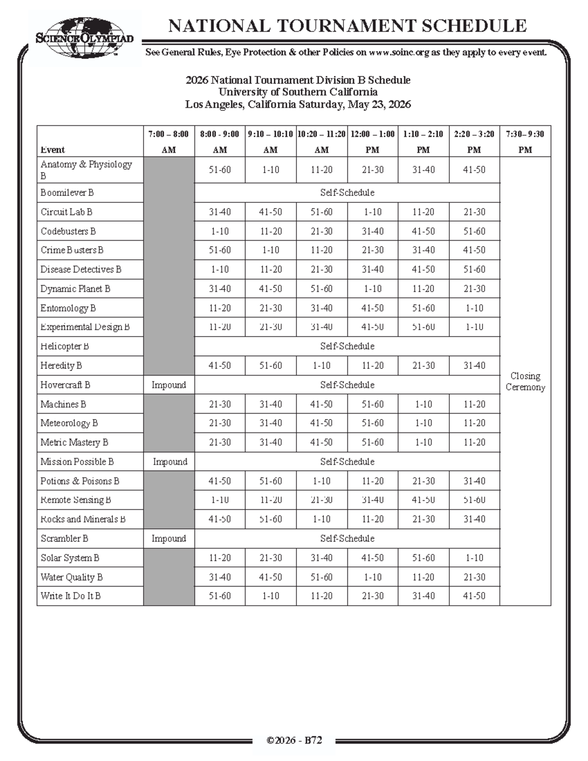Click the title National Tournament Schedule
point(347,25)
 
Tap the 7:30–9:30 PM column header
point(525,141)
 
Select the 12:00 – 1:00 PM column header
point(372,141)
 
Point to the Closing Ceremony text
point(525,381)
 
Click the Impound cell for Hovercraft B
point(169,385)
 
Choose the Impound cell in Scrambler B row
point(169,538)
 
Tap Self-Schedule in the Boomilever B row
point(347,193)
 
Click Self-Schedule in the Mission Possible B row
point(347,462)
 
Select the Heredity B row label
point(61,366)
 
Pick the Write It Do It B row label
point(71,596)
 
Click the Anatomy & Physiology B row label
point(86,170)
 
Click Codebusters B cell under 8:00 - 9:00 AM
point(220,231)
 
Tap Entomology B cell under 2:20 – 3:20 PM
point(474,308)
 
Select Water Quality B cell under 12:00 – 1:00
point(372,577)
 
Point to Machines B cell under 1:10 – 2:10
point(423,404)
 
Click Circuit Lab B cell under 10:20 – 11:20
point(321,212)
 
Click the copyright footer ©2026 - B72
point(294,740)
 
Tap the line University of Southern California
point(298,92)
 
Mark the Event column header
point(53,149)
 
